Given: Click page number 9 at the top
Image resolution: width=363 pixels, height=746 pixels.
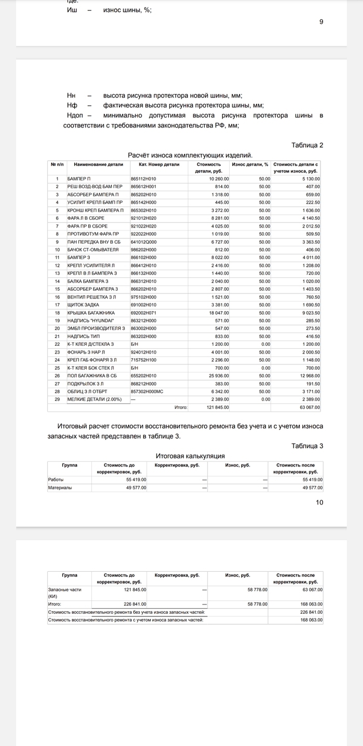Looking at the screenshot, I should (321, 22).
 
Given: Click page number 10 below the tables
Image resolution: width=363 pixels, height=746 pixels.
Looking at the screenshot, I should (319, 502).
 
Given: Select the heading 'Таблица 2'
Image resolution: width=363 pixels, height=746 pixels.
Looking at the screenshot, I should (307, 145).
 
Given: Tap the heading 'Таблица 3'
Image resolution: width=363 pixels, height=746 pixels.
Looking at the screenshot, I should (307, 446).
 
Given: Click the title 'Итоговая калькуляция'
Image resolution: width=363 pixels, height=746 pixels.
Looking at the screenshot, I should (190, 456).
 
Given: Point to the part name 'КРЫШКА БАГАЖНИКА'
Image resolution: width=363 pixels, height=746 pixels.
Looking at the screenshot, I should (91, 313).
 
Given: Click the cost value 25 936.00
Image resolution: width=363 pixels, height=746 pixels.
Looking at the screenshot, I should (218, 375).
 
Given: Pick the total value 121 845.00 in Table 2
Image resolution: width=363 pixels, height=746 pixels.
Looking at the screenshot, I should (218, 407).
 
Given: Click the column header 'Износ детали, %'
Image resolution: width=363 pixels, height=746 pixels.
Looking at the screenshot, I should (250, 164).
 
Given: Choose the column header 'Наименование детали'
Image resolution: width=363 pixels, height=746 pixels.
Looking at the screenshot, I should (99, 164).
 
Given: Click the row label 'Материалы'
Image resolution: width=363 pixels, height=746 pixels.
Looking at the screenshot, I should (60, 488).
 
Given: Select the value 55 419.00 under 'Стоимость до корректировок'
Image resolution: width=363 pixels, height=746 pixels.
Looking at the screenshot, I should (136, 480).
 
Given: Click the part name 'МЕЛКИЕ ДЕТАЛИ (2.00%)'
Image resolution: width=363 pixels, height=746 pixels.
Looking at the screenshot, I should (95, 399).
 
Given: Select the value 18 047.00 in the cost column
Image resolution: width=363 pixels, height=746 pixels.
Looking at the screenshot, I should (218, 313).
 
